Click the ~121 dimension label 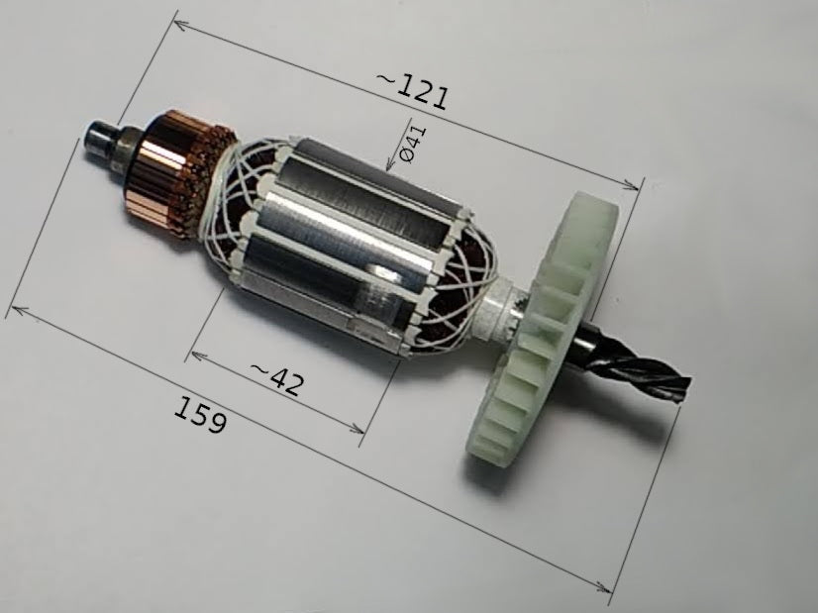coord(411,91)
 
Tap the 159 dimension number coord(200,415)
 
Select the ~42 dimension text coord(276,379)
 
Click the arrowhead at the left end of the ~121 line coord(179,25)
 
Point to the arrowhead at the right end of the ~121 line coord(632,186)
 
